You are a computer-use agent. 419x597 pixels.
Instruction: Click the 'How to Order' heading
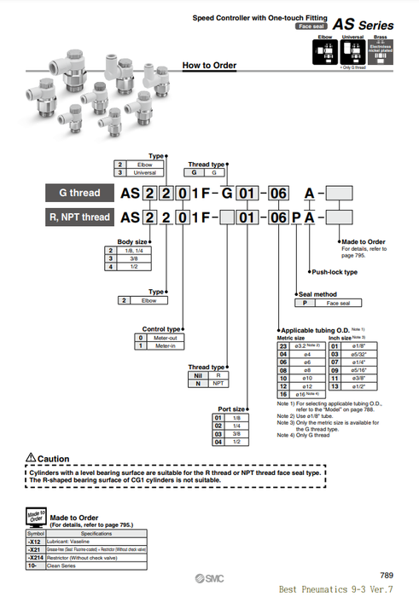tap(210, 66)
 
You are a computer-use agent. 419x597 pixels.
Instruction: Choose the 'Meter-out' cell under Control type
tap(165, 338)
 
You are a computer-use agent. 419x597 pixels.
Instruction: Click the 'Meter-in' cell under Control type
tap(165, 346)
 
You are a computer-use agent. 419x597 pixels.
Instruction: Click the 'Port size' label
tap(232, 409)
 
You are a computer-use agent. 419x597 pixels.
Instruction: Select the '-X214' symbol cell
tap(35, 556)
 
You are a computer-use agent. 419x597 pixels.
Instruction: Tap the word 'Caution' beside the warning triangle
tap(54, 459)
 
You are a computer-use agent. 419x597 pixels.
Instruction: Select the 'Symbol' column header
tap(35, 532)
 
